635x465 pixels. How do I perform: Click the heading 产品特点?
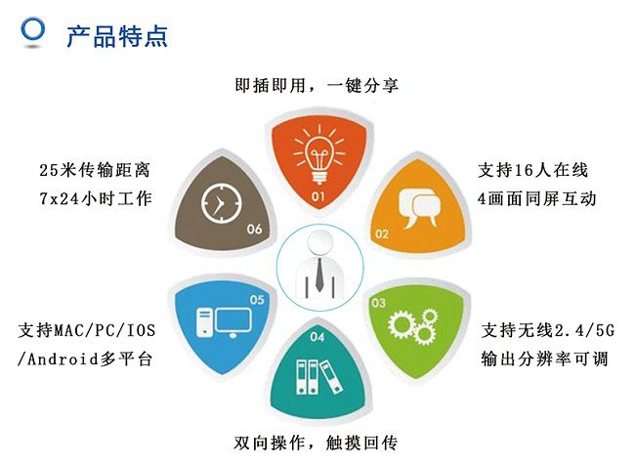pyautogui.click(x=117, y=36)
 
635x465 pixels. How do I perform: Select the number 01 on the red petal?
pyautogui.click(x=317, y=196)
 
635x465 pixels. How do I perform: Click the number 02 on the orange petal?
pyautogui.click(x=381, y=233)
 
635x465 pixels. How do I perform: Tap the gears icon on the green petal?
pyautogui.click(x=413, y=324)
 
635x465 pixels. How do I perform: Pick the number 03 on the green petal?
pyautogui.click(x=378, y=303)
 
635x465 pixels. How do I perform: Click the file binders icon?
pyautogui.click(x=319, y=376)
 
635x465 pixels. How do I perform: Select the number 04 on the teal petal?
pyautogui.click(x=317, y=337)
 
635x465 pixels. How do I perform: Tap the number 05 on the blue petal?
pyautogui.click(x=257, y=300)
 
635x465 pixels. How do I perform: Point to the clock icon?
pyautogui.click(x=221, y=203)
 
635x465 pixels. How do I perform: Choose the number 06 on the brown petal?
pyautogui.click(x=254, y=230)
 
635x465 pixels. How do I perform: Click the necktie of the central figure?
pyautogui.click(x=319, y=275)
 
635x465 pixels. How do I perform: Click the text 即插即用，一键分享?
pyautogui.click(x=317, y=85)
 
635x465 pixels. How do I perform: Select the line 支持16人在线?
pyautogui.click(x=533, y=170)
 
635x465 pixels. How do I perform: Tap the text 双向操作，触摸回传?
pyautogui.click(x=316, y=443)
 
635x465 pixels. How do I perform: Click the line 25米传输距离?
pyautogui.click(x=95, y=170)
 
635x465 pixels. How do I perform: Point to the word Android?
pyautogui.click(x=63, y=359)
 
